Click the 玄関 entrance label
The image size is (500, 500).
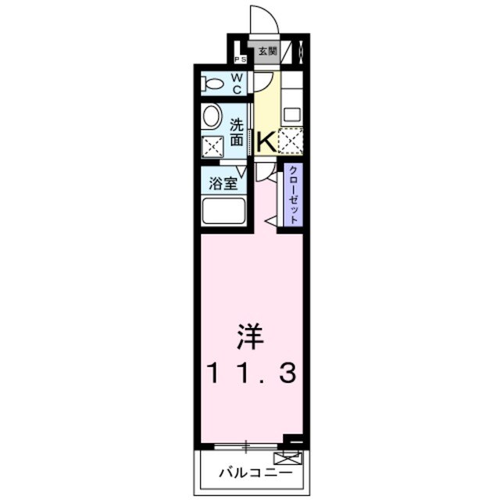pyautogui.click(x=268, y=52)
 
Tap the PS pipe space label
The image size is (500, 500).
pyautogui.click(x=241, y=59)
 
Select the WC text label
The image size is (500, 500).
pyautogui.click(x=237, y=82)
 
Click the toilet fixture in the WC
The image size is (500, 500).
pyautogui.click(x=213, y=83)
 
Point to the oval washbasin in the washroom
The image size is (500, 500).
pyautogui.click(x=212, y=117)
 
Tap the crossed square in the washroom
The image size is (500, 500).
pyautogui.click(x=212, y=146)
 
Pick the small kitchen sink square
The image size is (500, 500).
pyautogui.click(x=291, y=114)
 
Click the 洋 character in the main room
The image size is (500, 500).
pyautogui.click(x=251, y=338)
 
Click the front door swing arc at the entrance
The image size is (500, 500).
pyautogui.click(x=264, y=19)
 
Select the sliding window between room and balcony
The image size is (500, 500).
pyautogui.click(x=246, y=446)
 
